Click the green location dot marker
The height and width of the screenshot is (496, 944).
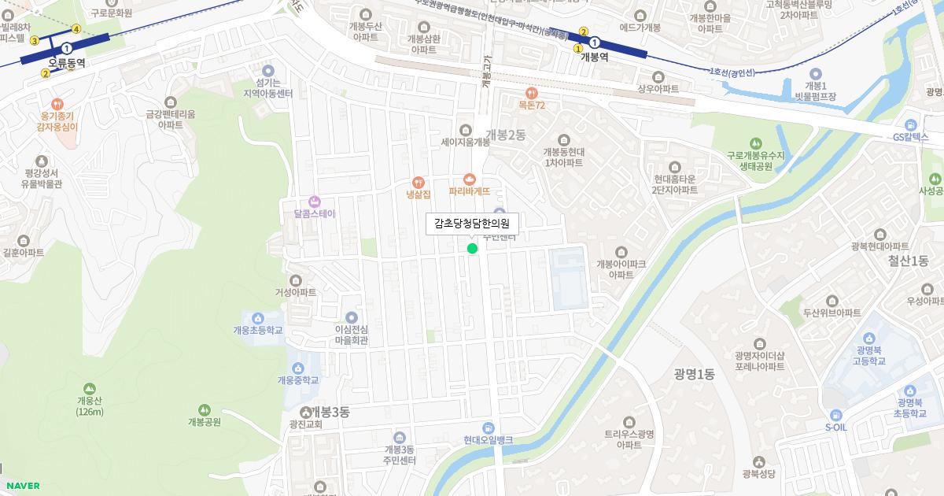click(472, 249)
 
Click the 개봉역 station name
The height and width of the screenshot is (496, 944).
click(594, 57)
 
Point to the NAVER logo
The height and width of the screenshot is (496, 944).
click(23, 486)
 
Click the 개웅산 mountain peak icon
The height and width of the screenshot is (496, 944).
click(90, 388)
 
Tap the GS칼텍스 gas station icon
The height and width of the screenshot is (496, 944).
click(910, 124)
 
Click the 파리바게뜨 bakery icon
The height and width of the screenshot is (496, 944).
click(470, 179)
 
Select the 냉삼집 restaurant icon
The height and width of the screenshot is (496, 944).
click(418, 181)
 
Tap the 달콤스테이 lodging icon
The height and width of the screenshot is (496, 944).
click(315, 201)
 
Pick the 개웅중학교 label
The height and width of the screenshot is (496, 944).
click(298, 380)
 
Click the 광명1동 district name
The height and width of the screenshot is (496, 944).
click(694, 374)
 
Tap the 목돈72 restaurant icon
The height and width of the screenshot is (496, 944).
click(532, 93)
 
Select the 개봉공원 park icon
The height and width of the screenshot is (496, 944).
click(205, 409)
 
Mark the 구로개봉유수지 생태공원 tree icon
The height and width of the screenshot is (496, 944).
click(756, 143)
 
